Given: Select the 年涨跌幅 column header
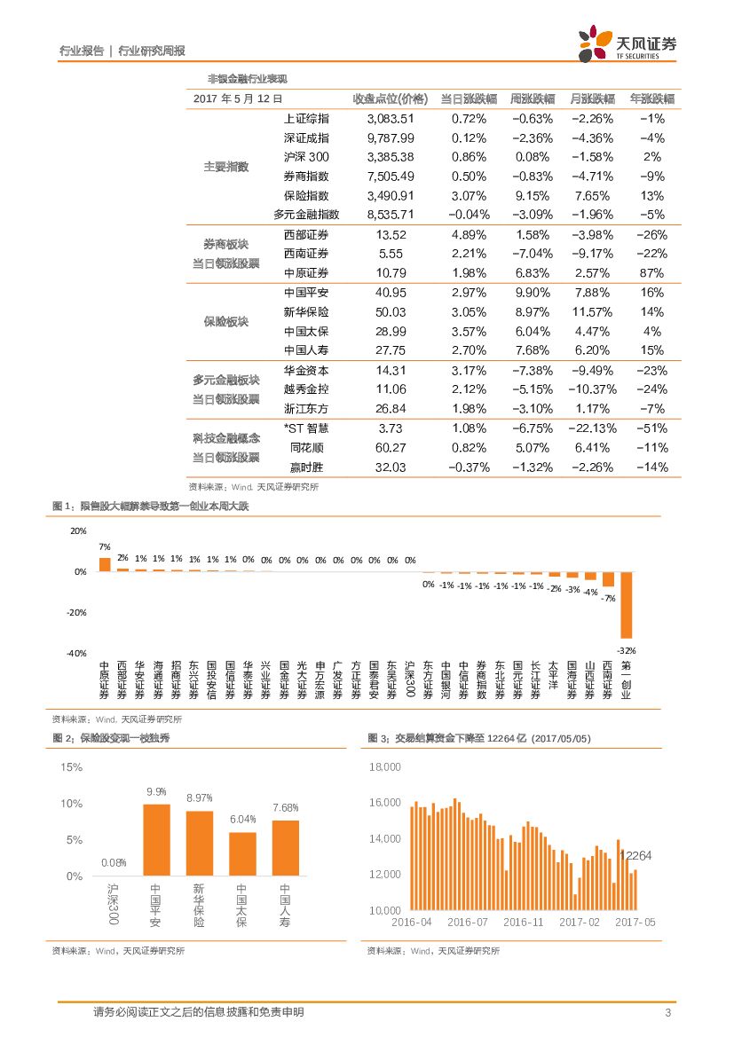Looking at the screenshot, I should [x=651, y=98].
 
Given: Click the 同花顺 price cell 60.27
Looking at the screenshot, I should [x=391, y=448].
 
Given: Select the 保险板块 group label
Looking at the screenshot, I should [x=225, y=321].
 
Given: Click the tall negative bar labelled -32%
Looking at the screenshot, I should [x=626, y=605].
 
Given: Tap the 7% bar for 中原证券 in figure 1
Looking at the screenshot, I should [x=105, y=564].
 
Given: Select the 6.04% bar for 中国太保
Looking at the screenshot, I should [x=242, y=854].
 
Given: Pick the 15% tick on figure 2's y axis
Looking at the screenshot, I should [x=71, y=766].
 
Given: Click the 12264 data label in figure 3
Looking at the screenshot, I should [x=635, y=856].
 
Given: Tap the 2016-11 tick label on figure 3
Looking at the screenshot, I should [x=523, y=923].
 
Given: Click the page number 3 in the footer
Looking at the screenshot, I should [x=667, y=1013].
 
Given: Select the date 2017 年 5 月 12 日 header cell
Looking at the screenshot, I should [x=238, y=99].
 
